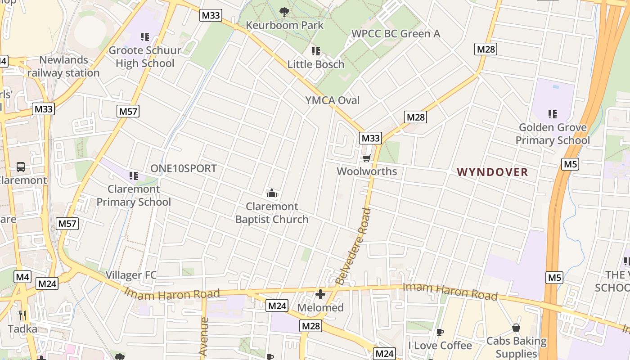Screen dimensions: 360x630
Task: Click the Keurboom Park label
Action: [284, 25]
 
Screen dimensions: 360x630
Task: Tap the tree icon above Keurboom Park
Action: [284, 12]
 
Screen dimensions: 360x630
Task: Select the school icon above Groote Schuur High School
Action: [144, 36]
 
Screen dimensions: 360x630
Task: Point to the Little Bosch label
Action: [316, 64]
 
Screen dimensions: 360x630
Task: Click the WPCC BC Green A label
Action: [396, 34]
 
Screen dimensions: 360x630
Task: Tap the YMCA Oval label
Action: [333, 100]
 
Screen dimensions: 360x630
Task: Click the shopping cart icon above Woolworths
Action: [367, 158]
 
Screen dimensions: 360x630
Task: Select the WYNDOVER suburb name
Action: [492, 172]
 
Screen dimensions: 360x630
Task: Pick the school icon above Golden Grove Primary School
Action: [553, 114]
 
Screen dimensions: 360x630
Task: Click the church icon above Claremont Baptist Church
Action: [272, 193]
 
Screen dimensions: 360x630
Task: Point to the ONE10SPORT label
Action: [184, 169]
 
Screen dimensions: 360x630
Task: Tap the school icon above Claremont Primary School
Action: [134, 175]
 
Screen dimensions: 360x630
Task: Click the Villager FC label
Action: [131, 275]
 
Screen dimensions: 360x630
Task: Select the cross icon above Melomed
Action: [320, 295]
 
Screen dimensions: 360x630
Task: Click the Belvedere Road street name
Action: [360, 246]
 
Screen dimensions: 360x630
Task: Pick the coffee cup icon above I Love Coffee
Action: [440, 333]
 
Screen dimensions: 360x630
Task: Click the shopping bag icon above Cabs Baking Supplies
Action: [516, 328]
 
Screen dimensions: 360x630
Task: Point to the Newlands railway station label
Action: [63, 66]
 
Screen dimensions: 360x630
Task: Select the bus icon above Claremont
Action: [21, 167]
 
